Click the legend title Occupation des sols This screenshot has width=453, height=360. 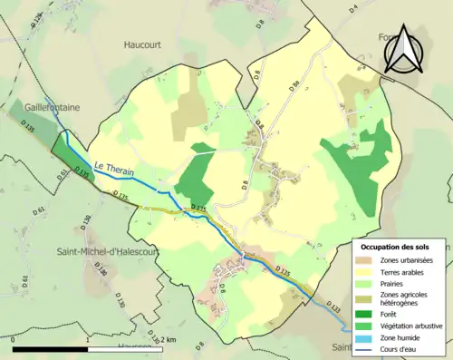(401, 247)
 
